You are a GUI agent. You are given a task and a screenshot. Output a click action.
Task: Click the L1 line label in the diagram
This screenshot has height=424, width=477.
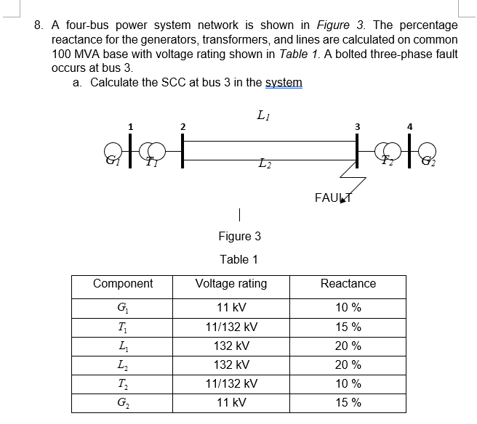click(262, 114)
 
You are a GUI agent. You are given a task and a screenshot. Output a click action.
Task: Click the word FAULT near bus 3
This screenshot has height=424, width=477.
click(332, 196)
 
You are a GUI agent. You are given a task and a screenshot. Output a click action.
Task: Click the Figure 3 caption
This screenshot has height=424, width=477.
click(239, 236)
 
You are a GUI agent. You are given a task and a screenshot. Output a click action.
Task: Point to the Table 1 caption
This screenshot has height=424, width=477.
click(239, 259)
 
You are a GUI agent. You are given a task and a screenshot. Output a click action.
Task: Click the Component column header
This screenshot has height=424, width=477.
click(123, 283)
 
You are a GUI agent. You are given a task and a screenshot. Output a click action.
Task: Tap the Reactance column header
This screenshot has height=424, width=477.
click(348, 283)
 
